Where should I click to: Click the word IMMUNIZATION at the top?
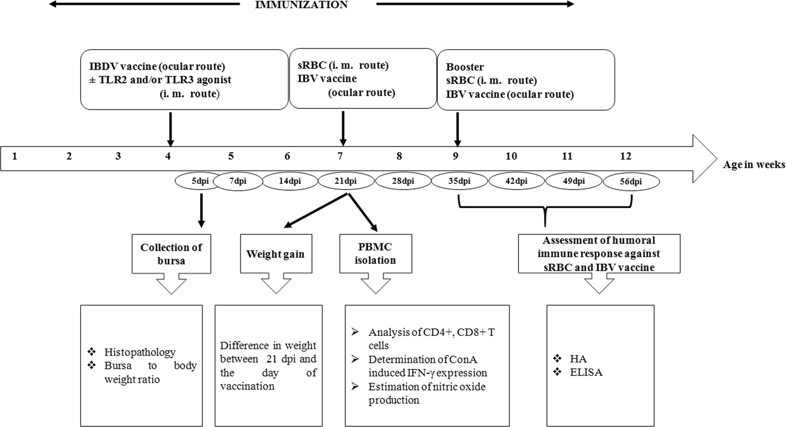(308, 5)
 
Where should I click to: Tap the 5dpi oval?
(200, 182)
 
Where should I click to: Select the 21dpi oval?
(346, 182)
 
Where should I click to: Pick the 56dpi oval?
(632, 182)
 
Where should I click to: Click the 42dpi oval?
(517, 182)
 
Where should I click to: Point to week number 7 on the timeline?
(340, 156)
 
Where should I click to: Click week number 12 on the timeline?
(625, 156)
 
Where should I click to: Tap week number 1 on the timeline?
(15, 156)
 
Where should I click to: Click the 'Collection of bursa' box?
(171, 254)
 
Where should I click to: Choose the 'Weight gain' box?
(275, 254)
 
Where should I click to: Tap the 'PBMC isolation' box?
(374, 254)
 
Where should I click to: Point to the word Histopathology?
(140, 352)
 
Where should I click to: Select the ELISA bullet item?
(586, 372)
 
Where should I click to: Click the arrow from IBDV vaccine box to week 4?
(170, 128)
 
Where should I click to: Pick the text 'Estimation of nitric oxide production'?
(427, 393)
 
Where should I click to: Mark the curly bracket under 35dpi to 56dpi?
(545, 210)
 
